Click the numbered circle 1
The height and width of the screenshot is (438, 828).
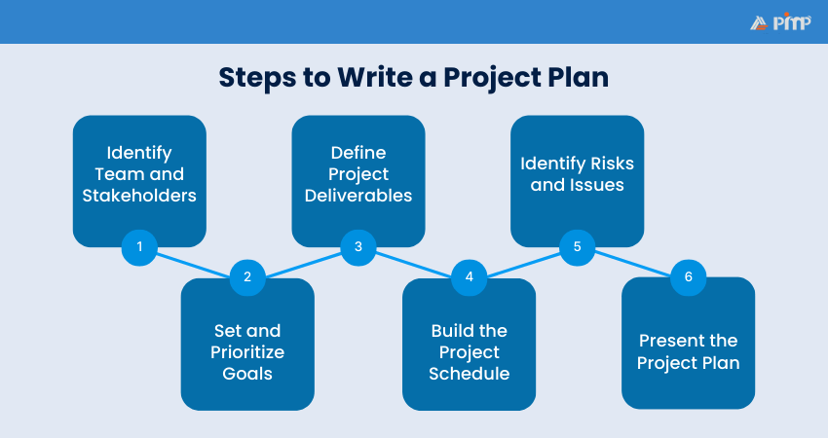139,247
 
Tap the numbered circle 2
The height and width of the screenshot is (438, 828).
247,276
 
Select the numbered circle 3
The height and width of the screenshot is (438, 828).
358,247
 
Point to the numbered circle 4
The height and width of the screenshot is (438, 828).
469,276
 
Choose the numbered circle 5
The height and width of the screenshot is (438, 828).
578,247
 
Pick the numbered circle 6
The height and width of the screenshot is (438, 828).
688,276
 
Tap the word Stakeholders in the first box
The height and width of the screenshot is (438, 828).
139,195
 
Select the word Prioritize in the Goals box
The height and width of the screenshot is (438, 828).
247,351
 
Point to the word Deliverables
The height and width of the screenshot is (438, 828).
358,195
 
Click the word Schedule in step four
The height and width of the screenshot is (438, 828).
469,373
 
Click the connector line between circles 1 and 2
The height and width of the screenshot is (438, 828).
193,262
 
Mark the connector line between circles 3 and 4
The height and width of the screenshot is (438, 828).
414,262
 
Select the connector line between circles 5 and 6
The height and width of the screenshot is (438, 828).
633,262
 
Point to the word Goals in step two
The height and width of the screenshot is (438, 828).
247,373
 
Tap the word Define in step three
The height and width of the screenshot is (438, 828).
358,153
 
